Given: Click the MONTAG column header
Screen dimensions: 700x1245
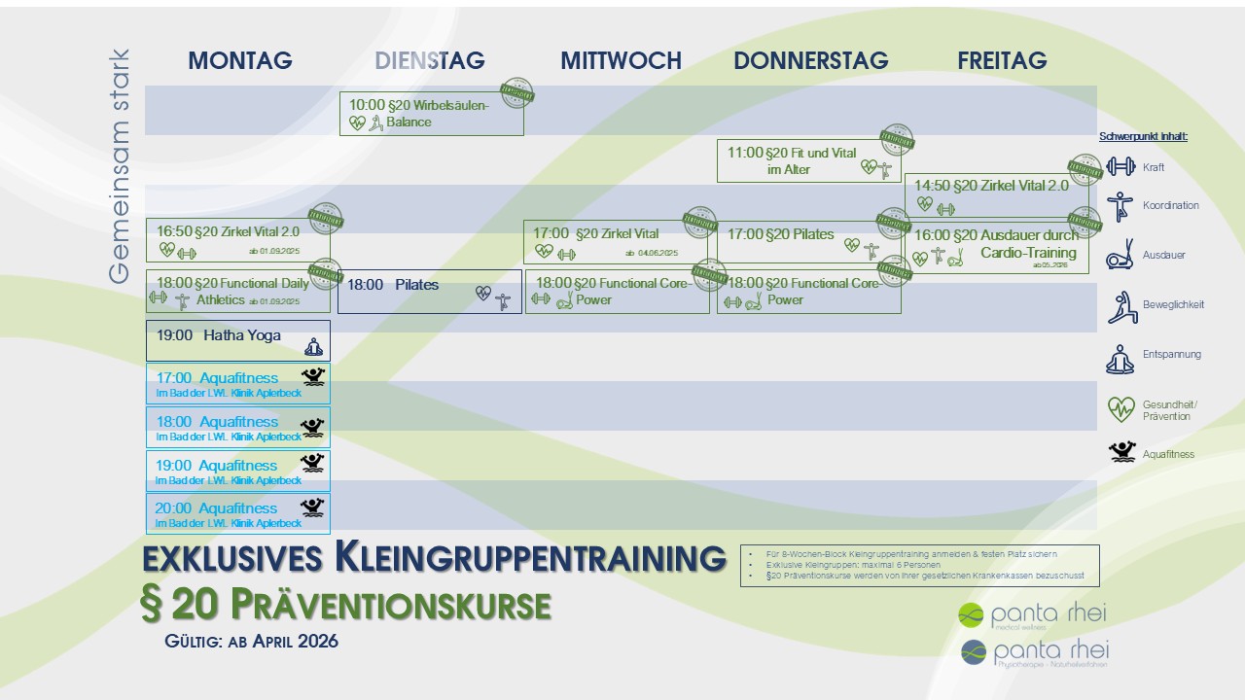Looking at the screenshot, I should point(240,60).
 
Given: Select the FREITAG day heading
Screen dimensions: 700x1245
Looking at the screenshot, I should point(1002,60).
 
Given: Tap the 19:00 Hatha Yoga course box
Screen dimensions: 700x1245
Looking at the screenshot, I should point(237,340).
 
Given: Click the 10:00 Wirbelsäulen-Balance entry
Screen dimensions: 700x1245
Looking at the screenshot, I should point(431,114).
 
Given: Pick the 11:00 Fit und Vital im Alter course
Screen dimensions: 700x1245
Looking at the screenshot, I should point(808,160).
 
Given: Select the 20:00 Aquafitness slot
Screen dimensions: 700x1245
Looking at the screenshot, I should point(237,514).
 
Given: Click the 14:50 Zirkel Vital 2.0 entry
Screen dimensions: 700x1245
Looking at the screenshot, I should point(996,194).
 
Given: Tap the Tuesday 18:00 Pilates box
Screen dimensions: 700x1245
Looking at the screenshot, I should point(431,292).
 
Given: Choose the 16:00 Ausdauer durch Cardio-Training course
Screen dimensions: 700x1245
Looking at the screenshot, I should point(996,248).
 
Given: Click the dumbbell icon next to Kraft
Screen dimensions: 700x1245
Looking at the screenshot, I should point(1120,166).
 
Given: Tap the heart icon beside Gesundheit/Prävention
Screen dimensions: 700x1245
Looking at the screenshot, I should point(1120,409).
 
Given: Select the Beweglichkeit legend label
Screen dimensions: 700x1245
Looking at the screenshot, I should point(1173,304).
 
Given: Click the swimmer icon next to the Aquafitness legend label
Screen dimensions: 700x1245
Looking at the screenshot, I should point(1121,452).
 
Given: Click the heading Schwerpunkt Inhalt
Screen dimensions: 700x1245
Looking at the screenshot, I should point(1143,136).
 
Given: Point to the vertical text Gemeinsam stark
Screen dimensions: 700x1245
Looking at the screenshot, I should point(119,166).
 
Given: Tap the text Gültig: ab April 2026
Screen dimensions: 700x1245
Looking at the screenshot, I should point(252,642).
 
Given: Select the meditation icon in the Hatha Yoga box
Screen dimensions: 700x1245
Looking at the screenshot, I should point(313,346).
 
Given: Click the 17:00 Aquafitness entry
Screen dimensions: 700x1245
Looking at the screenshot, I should point(237,383).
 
